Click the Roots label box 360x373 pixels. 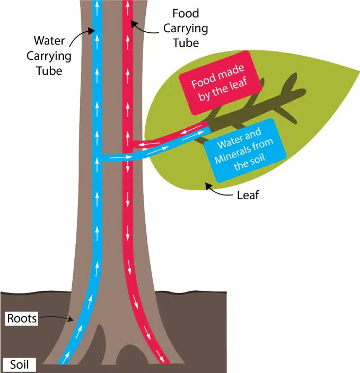pos(21,318)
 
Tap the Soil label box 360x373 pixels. pos(19,365)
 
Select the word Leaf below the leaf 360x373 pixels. pos(248,195)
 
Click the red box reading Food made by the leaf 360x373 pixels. pos(220,83)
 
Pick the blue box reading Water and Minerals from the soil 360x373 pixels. pos(244,150)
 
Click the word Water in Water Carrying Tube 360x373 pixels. pos(49,40)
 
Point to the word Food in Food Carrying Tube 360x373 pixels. pos(186,13)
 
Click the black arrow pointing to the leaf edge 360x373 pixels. pos(218,190)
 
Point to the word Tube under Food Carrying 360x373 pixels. pos(186,43)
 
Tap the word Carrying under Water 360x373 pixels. pos(49,57)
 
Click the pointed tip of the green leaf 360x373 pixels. pos(359,71)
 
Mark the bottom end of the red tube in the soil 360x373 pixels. pos(165,363)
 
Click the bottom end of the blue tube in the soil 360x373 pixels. pos(63,364)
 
